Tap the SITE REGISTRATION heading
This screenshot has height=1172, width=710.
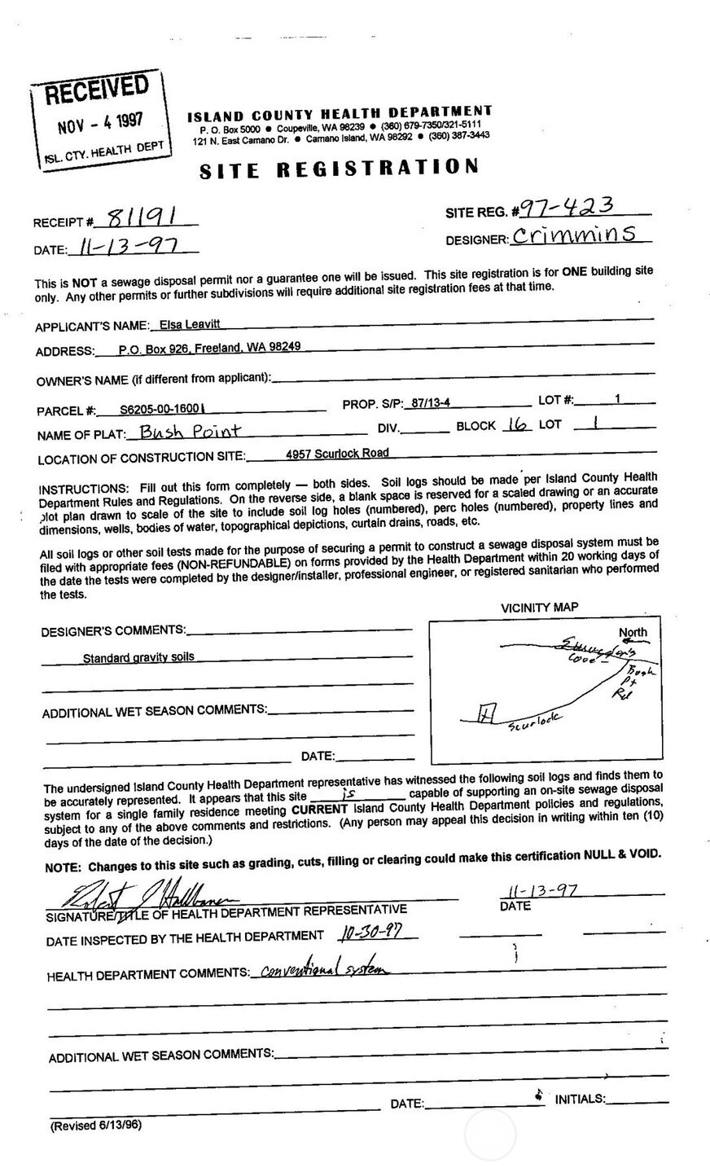click(338, 169)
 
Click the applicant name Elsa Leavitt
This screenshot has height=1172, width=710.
click(180, 325)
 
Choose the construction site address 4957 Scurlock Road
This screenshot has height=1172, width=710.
click(337, 454)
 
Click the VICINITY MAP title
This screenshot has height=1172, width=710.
click(539, 608)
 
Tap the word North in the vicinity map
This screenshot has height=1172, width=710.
click(633, 632)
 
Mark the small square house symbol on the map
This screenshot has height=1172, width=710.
click(485, 713)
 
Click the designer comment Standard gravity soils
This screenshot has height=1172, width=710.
click(138, 657)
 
